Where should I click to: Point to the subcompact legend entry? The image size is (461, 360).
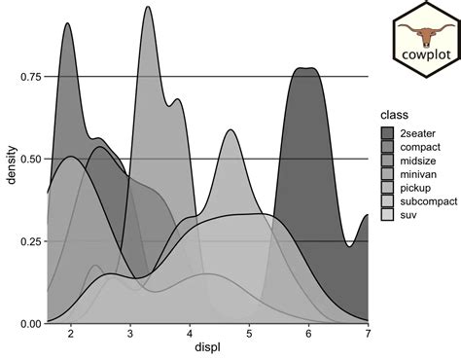[x=418, y=200]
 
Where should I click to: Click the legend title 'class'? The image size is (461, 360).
[x=393, y=114]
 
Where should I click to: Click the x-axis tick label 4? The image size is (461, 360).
[x=190, y=334]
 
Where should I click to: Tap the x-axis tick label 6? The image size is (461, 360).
[x=308, y=334]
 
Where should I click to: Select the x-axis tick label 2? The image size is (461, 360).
[x=71, y=334]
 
